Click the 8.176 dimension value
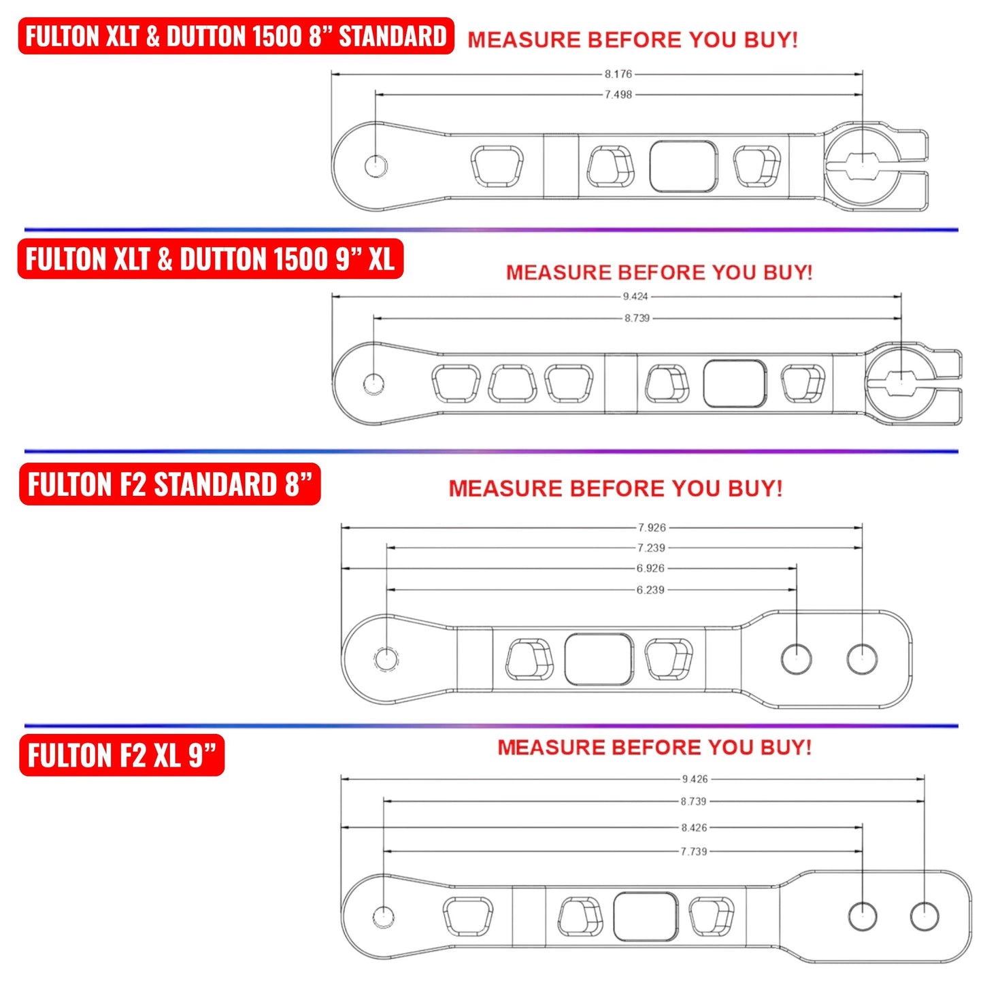coord(618,73)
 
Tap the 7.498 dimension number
coord(618,95)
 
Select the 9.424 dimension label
coord(635,297)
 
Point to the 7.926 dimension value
coord(652,527)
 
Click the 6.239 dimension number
coord(650,590)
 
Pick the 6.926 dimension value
coord(650,568)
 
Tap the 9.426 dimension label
coord(695,779)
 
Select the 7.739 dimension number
coord(694,851)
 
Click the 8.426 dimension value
coord(694,827)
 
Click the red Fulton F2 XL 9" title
coord(122,755)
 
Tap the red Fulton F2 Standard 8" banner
coord(169,484)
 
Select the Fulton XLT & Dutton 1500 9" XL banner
coord(210,259)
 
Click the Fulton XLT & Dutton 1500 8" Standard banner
coord(235,36)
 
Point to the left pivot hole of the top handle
coord(376,166)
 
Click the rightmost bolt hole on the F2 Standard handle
coord(862,659)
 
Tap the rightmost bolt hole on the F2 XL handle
coord(924,916)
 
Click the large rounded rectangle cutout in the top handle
coord(683,167)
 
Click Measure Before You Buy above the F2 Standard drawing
coord(615,488)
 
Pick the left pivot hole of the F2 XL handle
coord(384,916)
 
